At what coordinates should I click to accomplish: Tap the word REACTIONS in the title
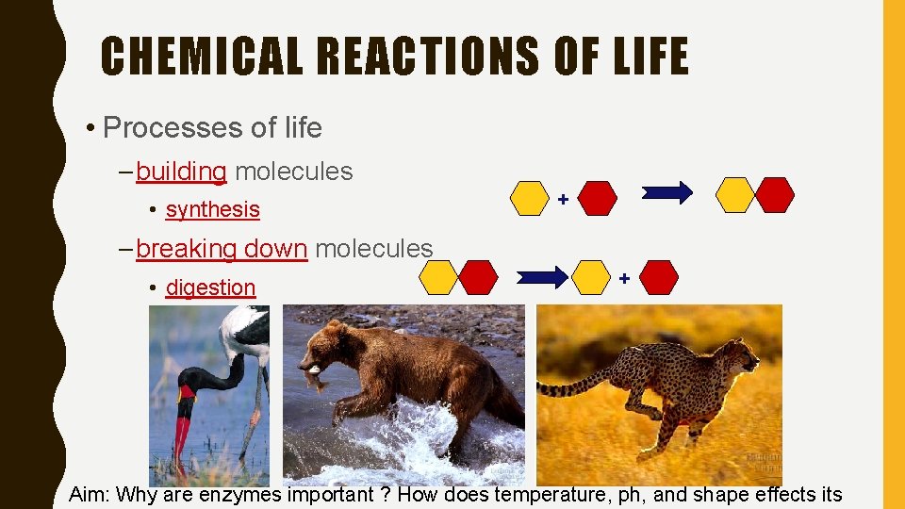tap(429, 56)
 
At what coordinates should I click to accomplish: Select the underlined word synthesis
tap(212, 209)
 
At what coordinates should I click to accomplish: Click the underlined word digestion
tap(210, 287)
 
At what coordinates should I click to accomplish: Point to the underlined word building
tap(181, 172)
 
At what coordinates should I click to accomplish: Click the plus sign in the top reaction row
tap(563, 199)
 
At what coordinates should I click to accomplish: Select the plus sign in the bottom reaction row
tap(624, 278)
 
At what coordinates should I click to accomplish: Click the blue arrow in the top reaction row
tap(667, 193)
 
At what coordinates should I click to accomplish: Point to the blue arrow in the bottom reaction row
tap(543, 276)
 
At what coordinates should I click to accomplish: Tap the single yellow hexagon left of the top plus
tap(530, 199)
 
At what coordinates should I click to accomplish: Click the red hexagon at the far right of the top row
tap(775, 194)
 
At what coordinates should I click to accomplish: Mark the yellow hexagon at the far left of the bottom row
tap(437, 278)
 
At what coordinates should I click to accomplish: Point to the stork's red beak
tap(181, 429)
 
